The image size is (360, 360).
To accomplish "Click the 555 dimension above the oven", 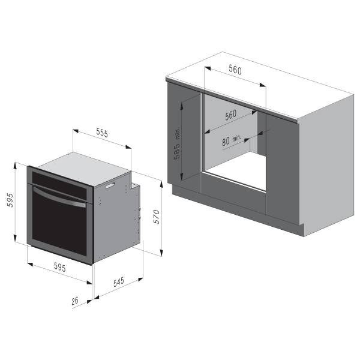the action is click(102, 133).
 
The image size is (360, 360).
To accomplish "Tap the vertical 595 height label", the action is click(10, 200).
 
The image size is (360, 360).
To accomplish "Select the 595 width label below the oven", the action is click(59, 267).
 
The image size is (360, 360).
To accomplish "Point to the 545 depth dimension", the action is click(119, 282).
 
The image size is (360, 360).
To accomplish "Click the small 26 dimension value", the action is click(75, 301).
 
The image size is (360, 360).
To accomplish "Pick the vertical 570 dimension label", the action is click(157, 217).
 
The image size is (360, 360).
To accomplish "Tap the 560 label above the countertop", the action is click(235, 70).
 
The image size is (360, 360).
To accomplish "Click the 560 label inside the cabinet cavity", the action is click(230, 115).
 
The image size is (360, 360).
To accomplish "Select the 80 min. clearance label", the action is click(232, 140).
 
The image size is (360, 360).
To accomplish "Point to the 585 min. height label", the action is click(177, 143).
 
